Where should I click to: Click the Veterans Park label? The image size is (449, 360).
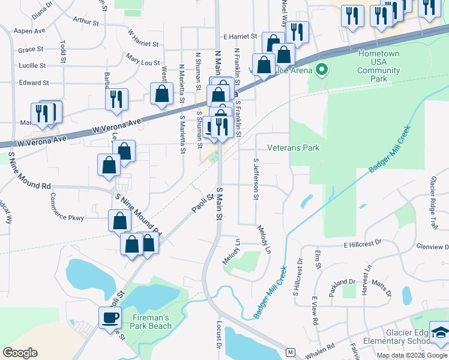pyautogui.click(x=293, y=148)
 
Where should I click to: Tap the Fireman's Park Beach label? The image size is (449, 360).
pyautogui.click(x=151, y=322)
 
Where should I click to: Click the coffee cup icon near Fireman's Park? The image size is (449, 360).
pyautogui.click(x=110, y=317)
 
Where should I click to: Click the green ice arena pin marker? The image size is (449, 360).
pyautogui.click(x=321, y=70)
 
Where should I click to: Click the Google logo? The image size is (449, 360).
pyautogui.click(x=20, y=353)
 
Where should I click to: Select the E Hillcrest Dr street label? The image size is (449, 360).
pyautogui.click(x=363, y=244)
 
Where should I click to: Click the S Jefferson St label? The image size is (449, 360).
pyautogui.click(x=256, y=178)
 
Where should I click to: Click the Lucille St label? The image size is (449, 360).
pyautogui.click(x=32, y=65)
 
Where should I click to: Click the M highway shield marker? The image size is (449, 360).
pyautogui.click(x=291, y=352)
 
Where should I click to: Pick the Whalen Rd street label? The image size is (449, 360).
pyautogui.click(x=322, y=349)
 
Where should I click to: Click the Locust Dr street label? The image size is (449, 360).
pyautogui.click(x=218, y=337)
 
